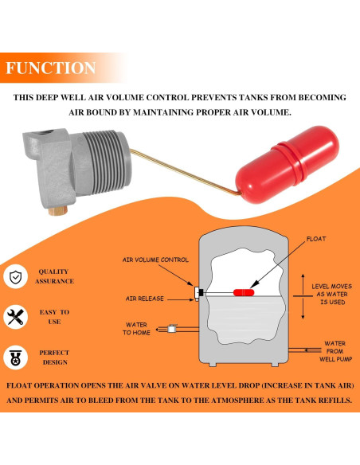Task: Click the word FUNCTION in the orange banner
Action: [51, 68]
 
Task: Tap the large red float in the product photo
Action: [287, 165]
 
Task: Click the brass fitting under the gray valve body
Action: [58, 210]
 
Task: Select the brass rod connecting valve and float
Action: [185, 172]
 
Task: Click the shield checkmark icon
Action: [15, 276]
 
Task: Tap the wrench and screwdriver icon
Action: [15, 317]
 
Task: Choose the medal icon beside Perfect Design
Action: [15, 358]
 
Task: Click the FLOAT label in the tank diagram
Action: [316, 239]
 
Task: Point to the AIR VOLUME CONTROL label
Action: [155, 260]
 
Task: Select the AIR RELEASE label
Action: [145, 299]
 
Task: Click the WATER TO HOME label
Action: [136, 329]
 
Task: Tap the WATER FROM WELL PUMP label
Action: [335, 351]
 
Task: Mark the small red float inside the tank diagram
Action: [244, 293]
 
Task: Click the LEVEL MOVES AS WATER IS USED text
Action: [332, 294]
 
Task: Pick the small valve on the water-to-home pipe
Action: [172, 328]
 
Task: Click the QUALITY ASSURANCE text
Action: [55, 276]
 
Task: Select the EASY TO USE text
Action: [55, 317]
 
